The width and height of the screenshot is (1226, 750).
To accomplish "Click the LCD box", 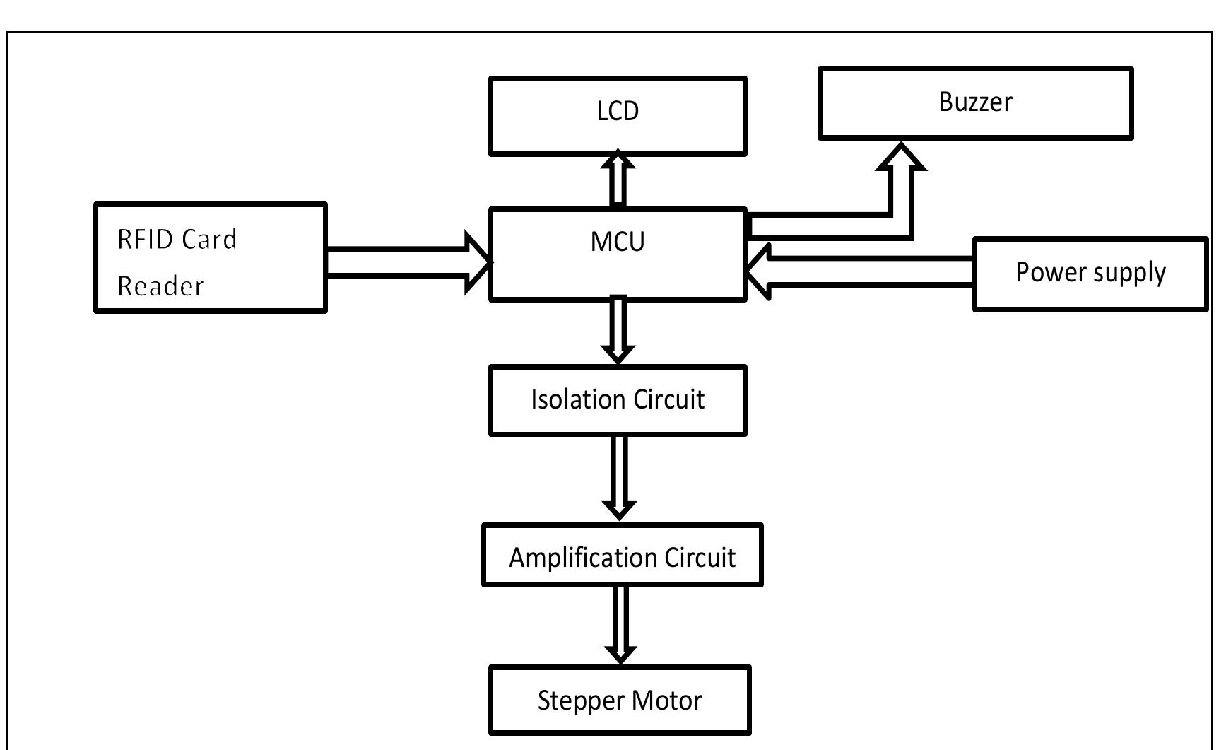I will point(618,116).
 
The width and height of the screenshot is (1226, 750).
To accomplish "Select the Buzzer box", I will point(975,103).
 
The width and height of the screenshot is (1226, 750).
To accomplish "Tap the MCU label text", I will point(618,242).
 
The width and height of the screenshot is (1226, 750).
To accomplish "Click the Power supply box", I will point(1090,274).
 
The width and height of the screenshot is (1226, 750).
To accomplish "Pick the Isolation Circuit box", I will point(618,400).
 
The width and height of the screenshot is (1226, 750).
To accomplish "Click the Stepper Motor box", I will point(620,700).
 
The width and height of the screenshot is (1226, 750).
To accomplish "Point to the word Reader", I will point(160,286).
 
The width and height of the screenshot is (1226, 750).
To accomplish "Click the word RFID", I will point(145,240).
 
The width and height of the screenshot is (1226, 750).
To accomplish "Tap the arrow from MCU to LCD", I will point(618,181).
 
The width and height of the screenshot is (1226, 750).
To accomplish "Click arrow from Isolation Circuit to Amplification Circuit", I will point(619,477).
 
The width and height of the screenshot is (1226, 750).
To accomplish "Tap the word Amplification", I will point(573,557).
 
